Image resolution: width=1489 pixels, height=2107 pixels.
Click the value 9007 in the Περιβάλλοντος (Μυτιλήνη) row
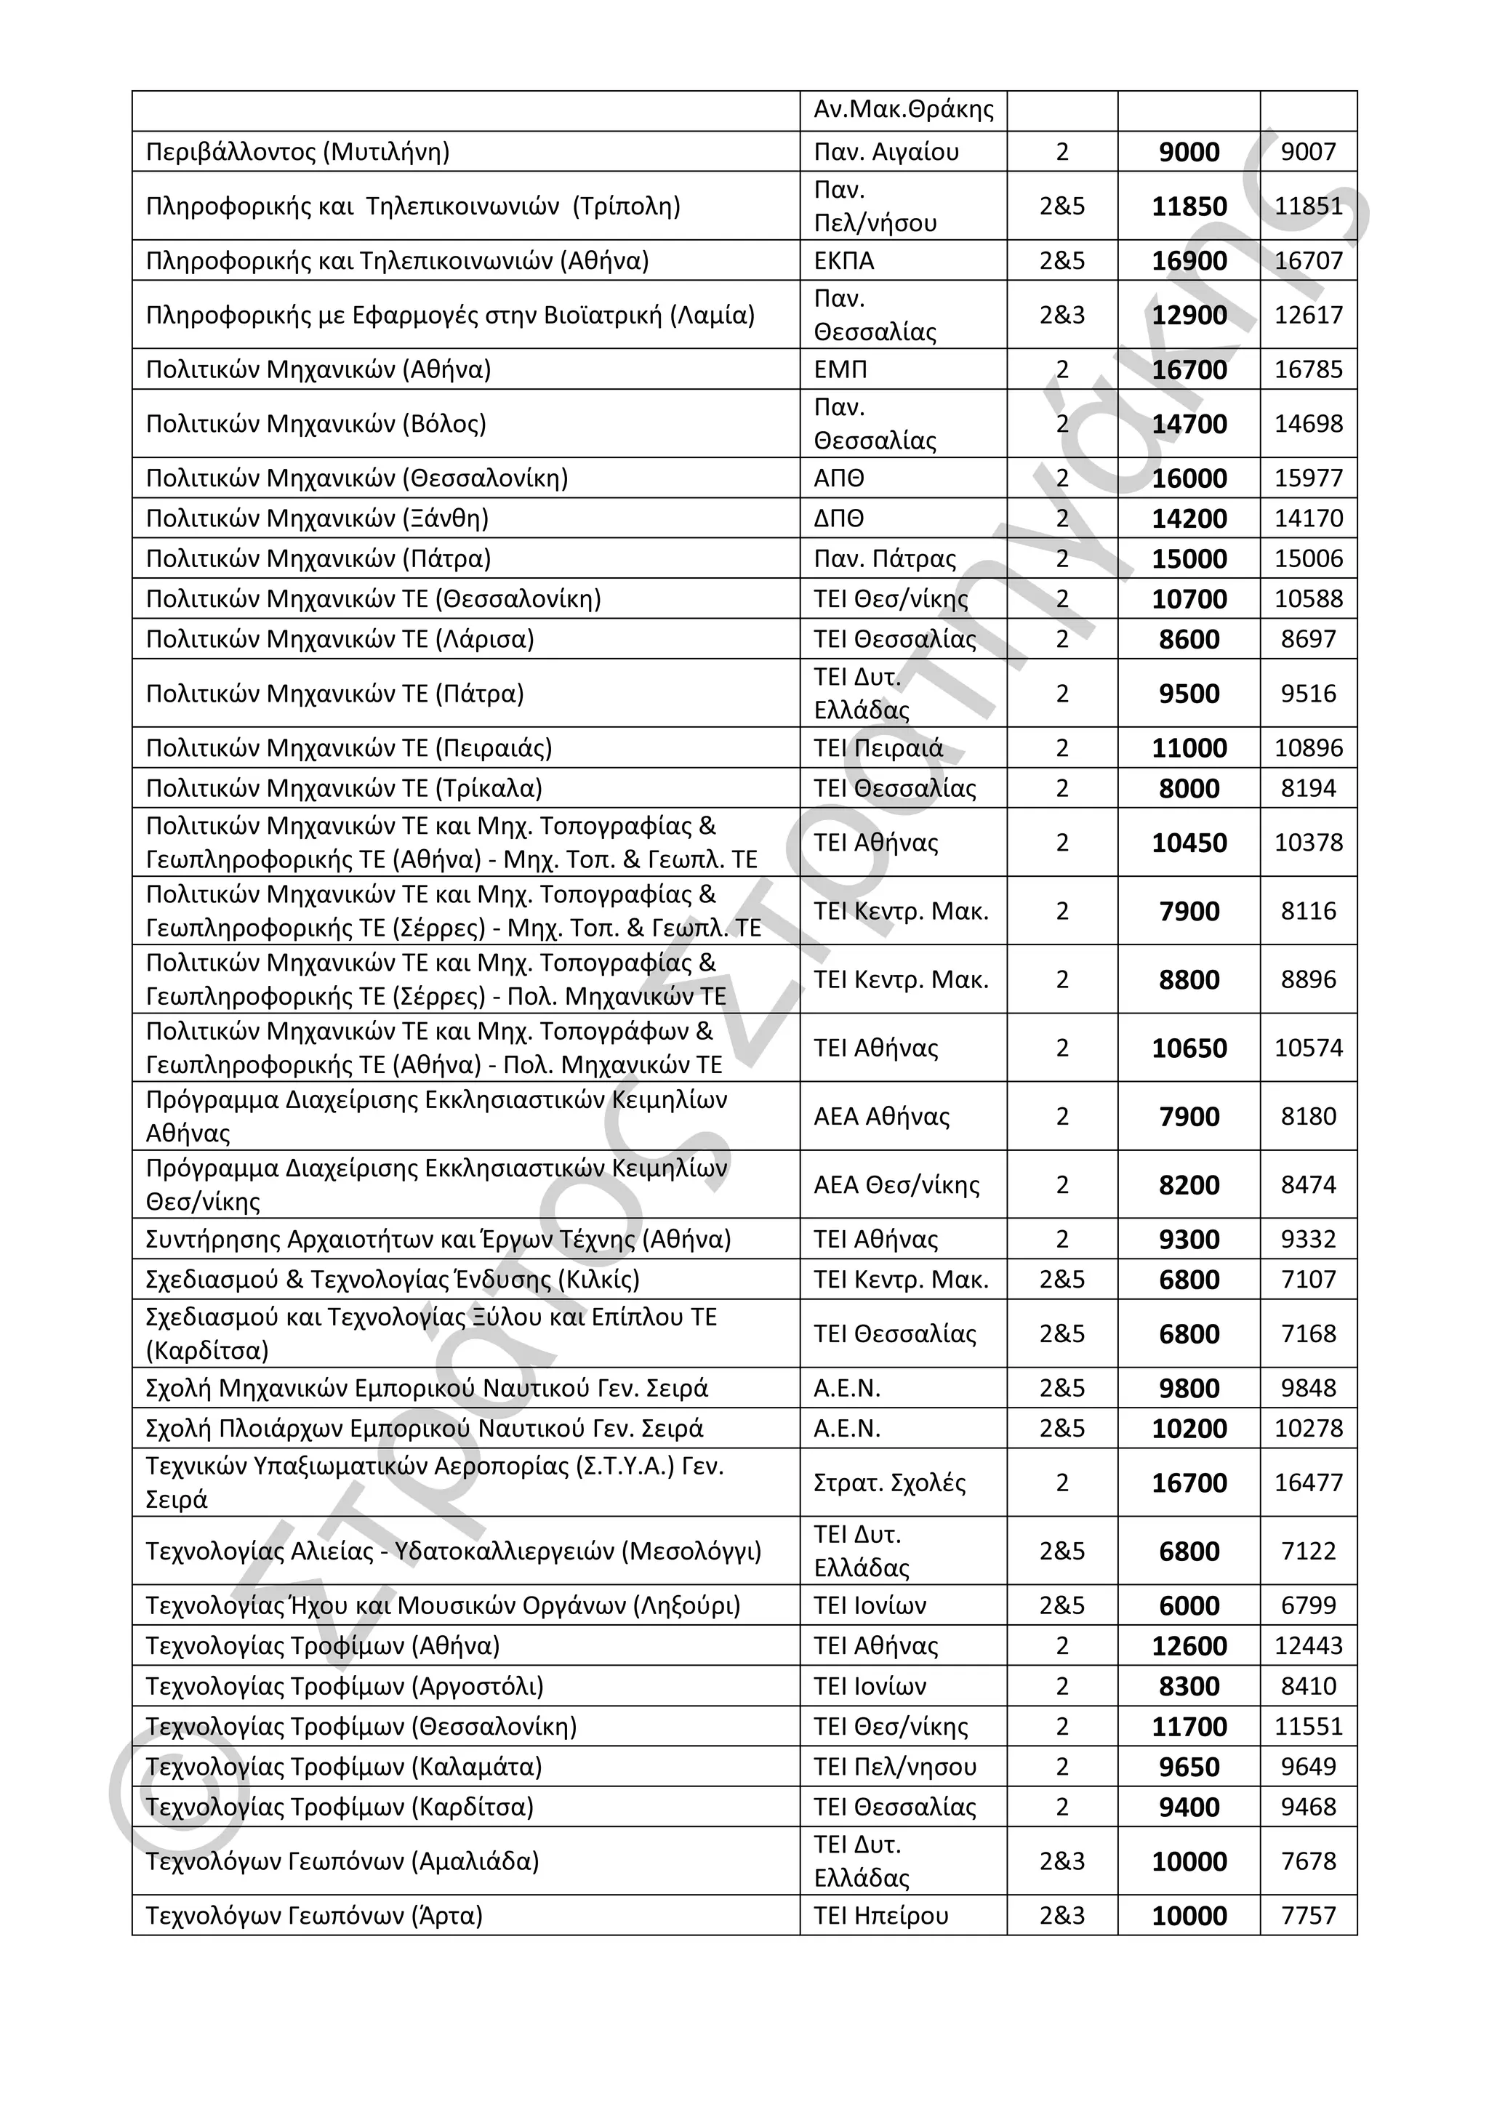tap(1307, 151)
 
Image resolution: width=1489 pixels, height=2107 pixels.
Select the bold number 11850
tap(1189, 206)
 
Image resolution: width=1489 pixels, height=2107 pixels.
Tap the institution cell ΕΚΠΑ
tap(843, 260)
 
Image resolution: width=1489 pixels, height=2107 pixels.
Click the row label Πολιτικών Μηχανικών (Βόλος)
tap(316, 424)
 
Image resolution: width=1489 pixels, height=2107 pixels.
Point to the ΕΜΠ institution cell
tap(840, 370)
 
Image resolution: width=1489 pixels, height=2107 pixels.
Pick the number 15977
tap(1307, 478)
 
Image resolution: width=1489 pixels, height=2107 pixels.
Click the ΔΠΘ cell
tap(838, 518)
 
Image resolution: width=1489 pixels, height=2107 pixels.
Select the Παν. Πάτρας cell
tap(884, 559)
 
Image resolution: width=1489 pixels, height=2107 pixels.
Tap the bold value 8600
tap(1189, 640)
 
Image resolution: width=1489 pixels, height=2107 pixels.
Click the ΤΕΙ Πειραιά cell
tap(878, 748)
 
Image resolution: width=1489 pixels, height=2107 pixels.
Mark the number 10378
tap(1307, 843)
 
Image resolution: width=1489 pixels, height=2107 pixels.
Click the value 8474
tap(1307, 1184)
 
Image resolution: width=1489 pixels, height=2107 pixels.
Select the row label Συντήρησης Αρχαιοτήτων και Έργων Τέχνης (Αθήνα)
tap(438, 1240)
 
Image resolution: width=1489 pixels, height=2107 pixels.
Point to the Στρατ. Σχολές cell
tap(889, 1483)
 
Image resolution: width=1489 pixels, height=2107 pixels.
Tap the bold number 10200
tap(1189, 1429)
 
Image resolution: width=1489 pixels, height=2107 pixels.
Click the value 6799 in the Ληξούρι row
tap(1307, 1606)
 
